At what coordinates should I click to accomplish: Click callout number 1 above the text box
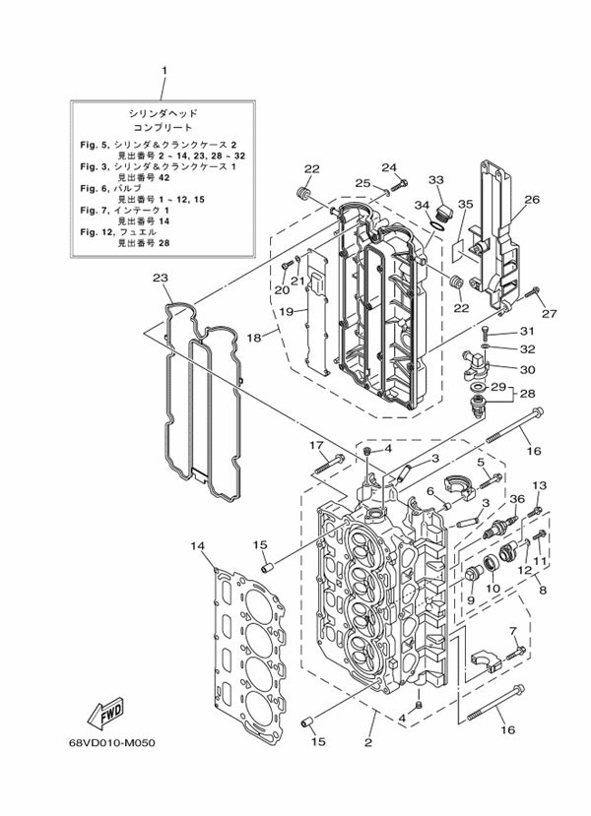click(164, 70)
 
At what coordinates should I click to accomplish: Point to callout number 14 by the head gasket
click(198, 545)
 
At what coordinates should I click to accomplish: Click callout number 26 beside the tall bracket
click(532, 200)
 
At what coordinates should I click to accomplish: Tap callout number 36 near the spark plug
click(517, 498)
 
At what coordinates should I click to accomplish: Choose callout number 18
click(254, 338)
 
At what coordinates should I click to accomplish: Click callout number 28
click(528, 393)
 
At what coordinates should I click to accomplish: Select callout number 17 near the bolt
click(317, 445)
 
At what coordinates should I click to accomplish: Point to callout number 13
click(539, 486)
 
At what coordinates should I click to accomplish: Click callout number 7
click(513, 631)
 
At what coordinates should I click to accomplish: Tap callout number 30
click(527, 370)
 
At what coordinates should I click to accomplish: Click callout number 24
click(389, 167)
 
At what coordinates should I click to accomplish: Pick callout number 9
click(471, 600)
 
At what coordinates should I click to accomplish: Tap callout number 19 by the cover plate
click(286, 312)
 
